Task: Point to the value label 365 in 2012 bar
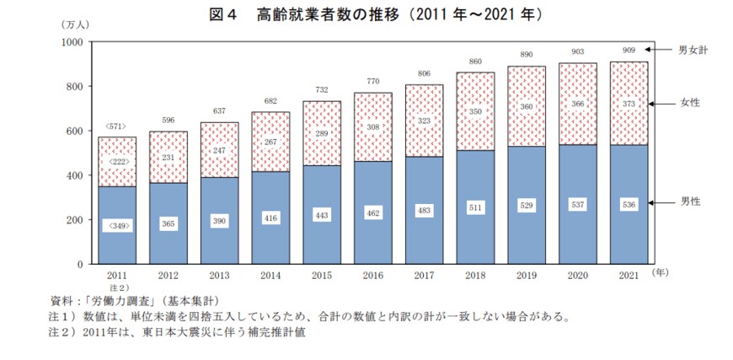[x=169, y=224]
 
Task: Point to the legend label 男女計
[x=693, y=51]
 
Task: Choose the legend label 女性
[x=690, y=103]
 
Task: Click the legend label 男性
[x=690, y=202]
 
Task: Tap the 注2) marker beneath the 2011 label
[x=117, y=287]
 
